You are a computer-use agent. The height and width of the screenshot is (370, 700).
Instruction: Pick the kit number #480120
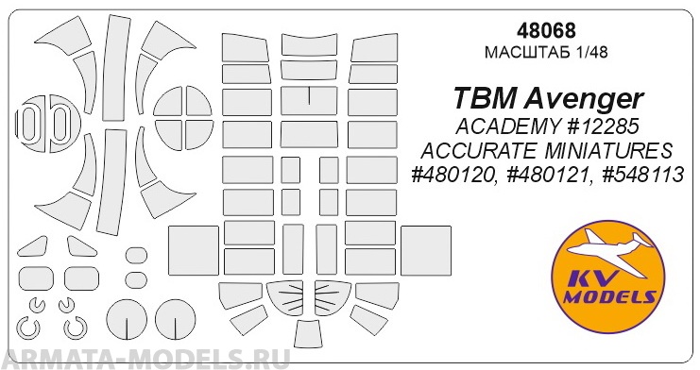click(451, 177)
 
